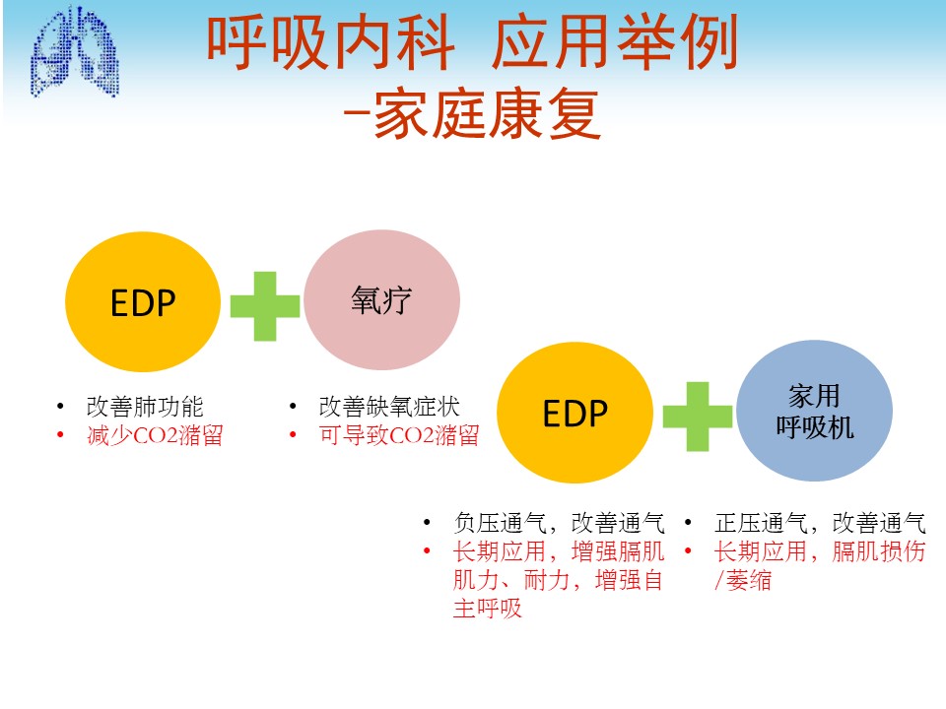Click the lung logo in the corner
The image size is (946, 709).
75,52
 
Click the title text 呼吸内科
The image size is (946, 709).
331,42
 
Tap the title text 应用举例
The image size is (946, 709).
615,42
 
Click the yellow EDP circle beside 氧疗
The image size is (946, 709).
143,301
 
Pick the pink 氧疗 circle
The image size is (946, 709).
382,299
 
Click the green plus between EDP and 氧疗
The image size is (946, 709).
265,306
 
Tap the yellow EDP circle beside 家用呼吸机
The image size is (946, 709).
574,413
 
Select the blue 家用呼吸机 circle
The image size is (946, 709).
815,411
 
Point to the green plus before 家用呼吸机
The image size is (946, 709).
698,417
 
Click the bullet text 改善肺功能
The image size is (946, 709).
145,407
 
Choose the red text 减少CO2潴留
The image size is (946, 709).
155,434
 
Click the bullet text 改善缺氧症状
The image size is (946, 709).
389,407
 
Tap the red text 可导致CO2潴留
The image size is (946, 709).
399,434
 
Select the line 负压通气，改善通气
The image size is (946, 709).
560,523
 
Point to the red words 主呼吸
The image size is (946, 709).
488,609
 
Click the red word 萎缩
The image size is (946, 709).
749,580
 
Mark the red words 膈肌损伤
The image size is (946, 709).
879,551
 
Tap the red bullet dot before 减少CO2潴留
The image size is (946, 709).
60,434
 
